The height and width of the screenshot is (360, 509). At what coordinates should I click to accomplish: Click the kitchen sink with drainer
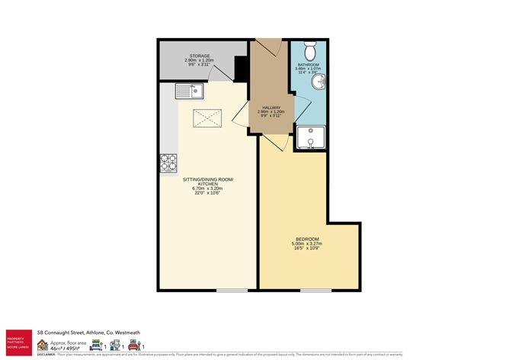(186, 93)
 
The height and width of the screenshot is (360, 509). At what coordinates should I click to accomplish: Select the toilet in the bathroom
(309, 51)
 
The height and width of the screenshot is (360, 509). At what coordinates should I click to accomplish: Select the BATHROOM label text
(309, 66)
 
